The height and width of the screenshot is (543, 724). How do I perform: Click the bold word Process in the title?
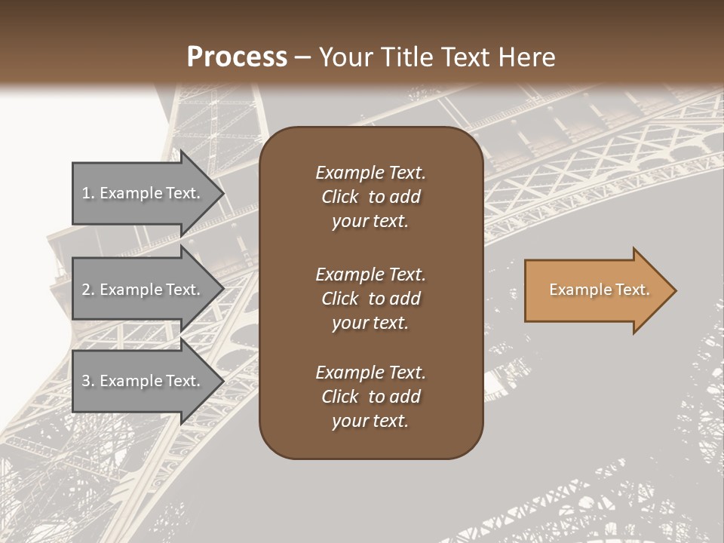[237, 57]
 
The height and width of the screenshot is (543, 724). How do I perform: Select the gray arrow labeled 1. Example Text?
[143, 193]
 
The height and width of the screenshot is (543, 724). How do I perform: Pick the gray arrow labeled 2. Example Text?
[143, 290]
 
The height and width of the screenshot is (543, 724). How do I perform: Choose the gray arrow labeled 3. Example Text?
[143, 381]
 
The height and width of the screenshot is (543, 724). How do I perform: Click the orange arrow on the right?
[596, 290]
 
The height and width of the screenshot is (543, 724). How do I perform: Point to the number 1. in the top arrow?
[88, 193]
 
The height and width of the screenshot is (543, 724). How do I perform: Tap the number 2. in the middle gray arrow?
[88, 290]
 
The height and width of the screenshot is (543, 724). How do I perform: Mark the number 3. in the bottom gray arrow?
[88, 381]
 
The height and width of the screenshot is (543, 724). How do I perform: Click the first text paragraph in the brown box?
[370, 197]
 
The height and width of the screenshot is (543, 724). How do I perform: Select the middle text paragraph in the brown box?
[370, 299]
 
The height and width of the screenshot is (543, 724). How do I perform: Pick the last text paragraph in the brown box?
[370, 397]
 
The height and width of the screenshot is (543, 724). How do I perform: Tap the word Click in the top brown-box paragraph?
[340, 197]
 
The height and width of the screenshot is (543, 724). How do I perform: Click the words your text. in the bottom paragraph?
[370, 421]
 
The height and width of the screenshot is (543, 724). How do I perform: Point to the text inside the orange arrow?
[599, 290]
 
